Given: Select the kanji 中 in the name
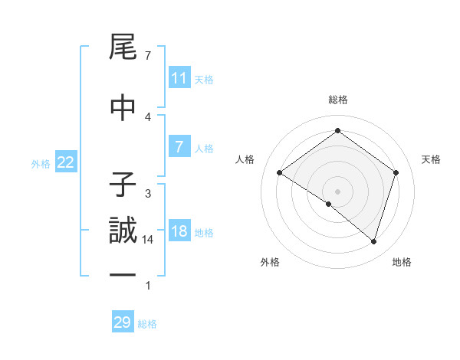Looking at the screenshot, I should point(123,106).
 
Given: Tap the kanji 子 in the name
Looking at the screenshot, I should point(123,185).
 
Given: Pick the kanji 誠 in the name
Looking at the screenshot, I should point(123,231).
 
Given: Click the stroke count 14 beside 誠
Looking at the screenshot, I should point(148,240).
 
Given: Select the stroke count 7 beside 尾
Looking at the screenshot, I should point(147,56).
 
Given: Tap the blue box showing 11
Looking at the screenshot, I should point(179,78).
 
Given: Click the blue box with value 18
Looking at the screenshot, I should point(179,231).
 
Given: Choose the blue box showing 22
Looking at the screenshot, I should point(66,162).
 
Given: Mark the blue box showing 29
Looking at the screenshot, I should point(123,322).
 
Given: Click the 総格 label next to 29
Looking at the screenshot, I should point(147,324).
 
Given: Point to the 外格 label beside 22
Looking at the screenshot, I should point(41,163).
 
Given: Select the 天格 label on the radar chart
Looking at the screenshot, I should point(431,159).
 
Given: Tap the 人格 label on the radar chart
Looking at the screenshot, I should point(245,159).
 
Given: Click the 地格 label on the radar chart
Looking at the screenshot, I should point(402,262).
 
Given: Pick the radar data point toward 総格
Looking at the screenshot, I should point(337,131).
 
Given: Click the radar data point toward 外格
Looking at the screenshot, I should point(329,204).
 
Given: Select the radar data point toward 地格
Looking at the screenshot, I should point(373,241).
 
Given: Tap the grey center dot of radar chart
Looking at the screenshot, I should point(337,191).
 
